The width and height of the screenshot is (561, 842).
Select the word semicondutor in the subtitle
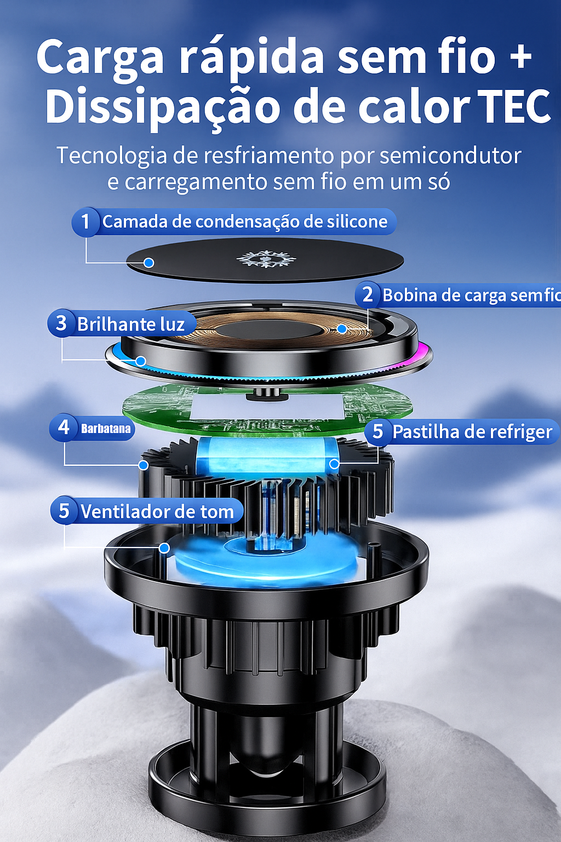(450, 156)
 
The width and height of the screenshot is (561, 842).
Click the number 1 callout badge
(86, 222)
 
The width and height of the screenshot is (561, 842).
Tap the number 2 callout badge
(368, 295)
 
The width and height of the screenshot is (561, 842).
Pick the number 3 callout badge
(61, 323)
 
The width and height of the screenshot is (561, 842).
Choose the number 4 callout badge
(63, 428)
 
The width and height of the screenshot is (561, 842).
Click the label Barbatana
(106, 429)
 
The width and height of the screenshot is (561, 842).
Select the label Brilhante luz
(131, 325)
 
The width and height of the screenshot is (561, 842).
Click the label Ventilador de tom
(157, 511)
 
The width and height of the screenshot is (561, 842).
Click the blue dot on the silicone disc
(149, 263)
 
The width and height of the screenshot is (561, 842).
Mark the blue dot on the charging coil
(341, 329)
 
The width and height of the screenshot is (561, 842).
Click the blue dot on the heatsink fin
(143, 465)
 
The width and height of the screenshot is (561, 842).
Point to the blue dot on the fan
(164, 548)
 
